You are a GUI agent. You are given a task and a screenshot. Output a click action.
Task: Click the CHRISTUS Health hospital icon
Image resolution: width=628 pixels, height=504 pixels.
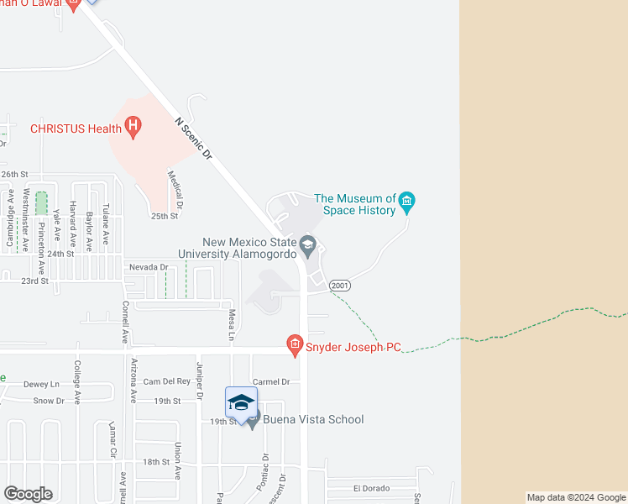tap(133, 128)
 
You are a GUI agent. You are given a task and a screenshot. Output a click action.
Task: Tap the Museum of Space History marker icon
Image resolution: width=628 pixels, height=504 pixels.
tap(407, 200)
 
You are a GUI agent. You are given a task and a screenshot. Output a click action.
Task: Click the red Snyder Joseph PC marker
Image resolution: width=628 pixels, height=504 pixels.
tap(294, 343)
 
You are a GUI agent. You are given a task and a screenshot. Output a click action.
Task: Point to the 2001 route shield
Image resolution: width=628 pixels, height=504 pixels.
tap(339, 286)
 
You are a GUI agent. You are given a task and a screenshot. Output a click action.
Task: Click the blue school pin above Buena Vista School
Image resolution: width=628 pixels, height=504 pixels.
tap(241, 402)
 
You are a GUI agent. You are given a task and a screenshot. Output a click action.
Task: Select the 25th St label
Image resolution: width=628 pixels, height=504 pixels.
tap(165, 216)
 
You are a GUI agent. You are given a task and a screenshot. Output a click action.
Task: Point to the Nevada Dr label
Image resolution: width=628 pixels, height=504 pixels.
tap(149, 267)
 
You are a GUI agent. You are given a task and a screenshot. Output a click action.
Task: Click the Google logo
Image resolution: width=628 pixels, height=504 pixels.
tap(28, 494)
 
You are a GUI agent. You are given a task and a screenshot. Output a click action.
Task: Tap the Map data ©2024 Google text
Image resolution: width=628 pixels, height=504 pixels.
tap(576, 497)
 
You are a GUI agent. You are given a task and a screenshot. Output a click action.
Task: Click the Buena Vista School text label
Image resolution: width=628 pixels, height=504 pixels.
tap(313, 419)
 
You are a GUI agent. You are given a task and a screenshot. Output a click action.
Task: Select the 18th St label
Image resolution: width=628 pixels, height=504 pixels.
tap(156, 462)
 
